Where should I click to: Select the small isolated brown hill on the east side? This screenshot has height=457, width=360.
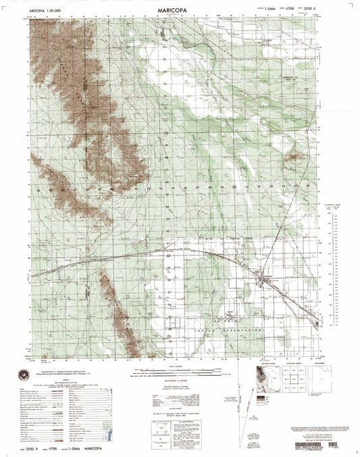[x=294, y=157]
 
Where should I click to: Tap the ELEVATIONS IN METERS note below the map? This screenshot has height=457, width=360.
[x=177, y=383]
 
